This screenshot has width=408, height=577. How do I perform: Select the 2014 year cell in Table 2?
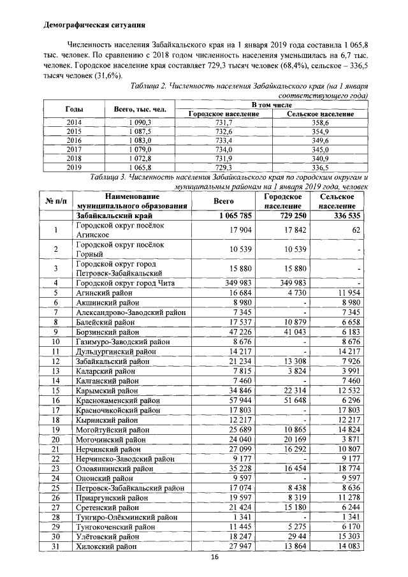(x=75, y=122)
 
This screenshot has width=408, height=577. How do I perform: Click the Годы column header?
(x=75, y=109)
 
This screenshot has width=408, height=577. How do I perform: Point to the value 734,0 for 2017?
(x=223, y=149)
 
